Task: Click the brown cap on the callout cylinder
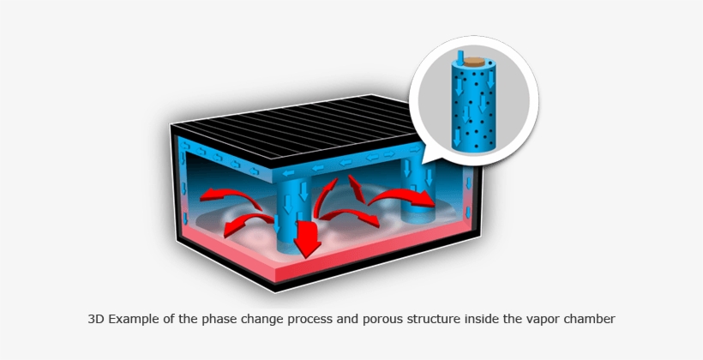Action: (473, 62)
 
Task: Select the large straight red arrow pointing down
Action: (307, 238)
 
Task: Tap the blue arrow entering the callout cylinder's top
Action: (460, 56)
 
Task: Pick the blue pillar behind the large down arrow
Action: (291, 215)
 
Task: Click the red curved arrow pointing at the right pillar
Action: (401, 197)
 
